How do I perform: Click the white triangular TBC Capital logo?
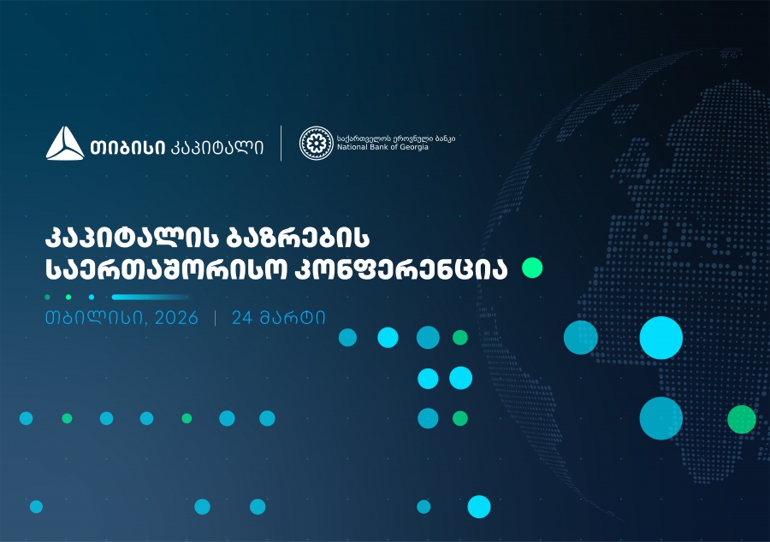click(x=65, y=143)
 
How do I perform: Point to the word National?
click(x=352, y=148)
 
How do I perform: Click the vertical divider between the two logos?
click(x=281, y=143)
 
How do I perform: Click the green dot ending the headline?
click(x=532, y=268)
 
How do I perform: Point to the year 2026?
click(x=176, y=318)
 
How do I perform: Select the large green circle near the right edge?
click(x=741, y=419)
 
